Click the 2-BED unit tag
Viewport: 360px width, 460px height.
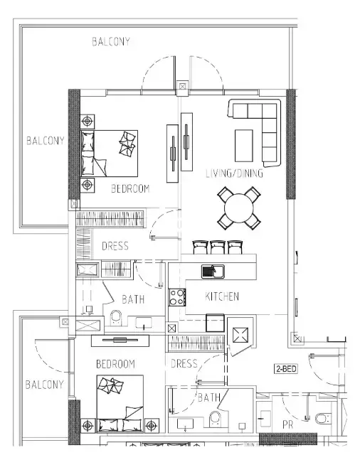(x=286, y=368)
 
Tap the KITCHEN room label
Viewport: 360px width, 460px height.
(x=222, y=296)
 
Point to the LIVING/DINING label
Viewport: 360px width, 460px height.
(x=234, y=173)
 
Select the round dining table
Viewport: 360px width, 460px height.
(x=239, y=208)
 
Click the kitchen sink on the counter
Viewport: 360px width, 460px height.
(x=213, y=272)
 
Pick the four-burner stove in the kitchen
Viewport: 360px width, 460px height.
(x=177, y=297)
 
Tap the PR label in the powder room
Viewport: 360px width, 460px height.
(x=287, y=424)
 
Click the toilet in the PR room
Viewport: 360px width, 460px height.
(x=323, y=418)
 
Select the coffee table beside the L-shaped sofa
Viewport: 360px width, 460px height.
(x=244, y=146)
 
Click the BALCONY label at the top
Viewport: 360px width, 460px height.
(x=111, y=42)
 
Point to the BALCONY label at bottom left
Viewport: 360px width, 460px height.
(x=44, y=385)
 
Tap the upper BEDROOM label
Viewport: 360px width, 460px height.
(x=130, y=188)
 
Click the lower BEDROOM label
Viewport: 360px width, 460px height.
(x=115, y=364)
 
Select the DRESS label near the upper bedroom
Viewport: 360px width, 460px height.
(x=115, y=246)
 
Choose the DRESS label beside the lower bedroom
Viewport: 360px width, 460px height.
(x=184, y=364)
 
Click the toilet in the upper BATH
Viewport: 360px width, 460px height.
(x=116, y=318)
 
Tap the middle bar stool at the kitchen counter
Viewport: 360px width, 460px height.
(x=217, y=247)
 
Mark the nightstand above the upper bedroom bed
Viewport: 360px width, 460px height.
(x=88, y=121)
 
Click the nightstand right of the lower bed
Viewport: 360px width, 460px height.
(x=151, y=425)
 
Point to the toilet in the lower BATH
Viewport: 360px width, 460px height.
(x=216, y=418)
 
